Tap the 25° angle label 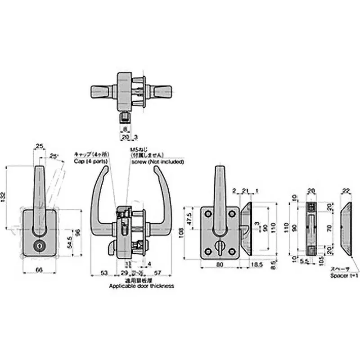point(54,156)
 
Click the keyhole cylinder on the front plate point(38,247)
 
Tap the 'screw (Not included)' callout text point(157,161)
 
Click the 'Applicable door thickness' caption point(141,286)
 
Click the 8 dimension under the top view point(124,129)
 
